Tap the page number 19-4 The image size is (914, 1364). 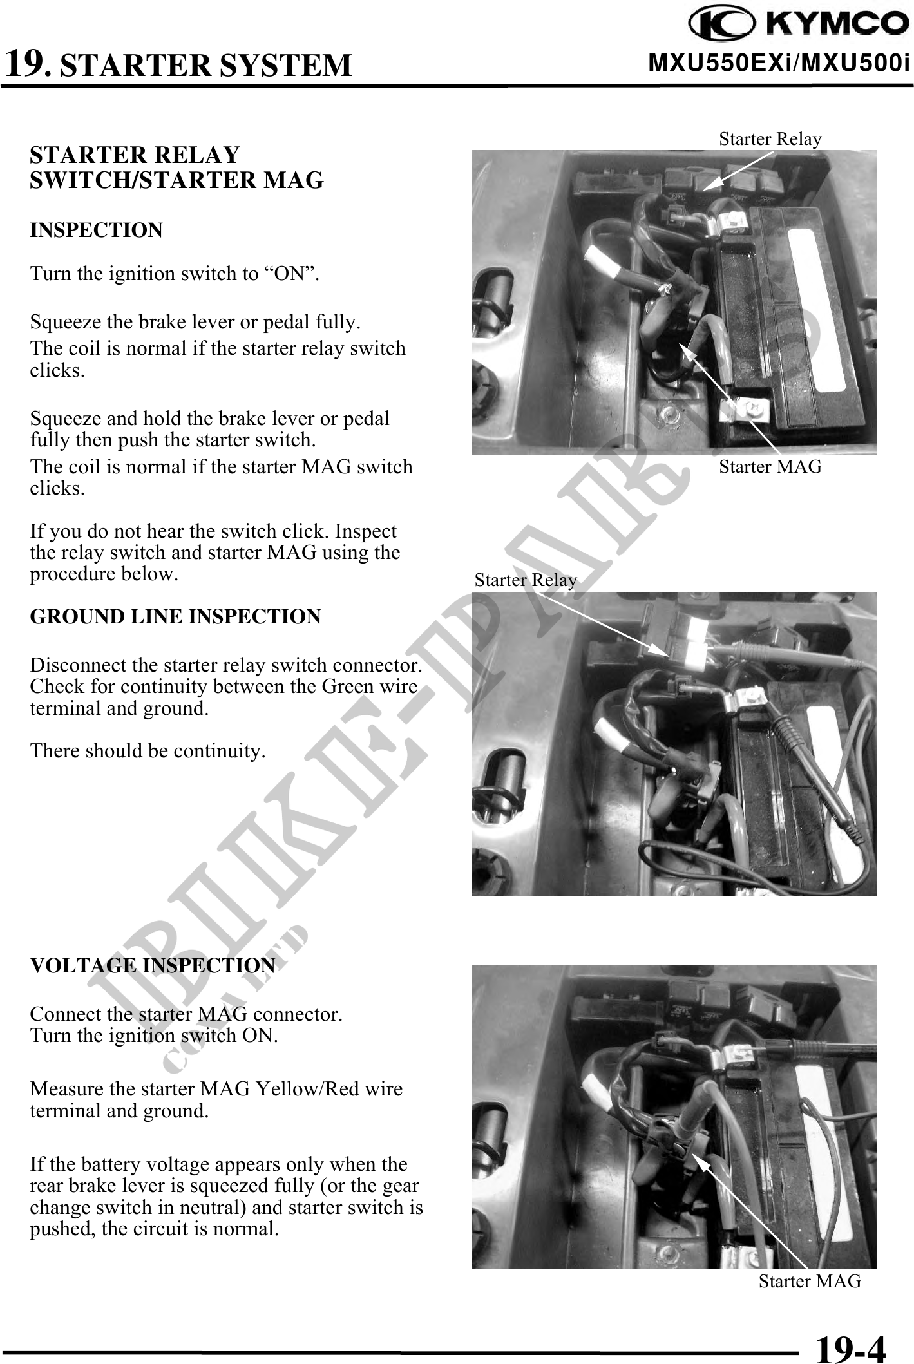click(850, 1346)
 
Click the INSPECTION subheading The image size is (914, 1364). click(97, 231)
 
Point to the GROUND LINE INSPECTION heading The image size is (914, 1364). click(175, 616)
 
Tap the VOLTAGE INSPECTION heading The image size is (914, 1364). click(153, 966)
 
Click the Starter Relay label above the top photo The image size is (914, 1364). click(770, 139)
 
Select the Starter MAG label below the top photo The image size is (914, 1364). click(770, 466)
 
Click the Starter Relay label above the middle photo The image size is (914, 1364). click(525, 580)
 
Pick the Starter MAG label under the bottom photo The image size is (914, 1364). click(809, 1281)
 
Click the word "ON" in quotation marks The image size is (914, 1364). click(289, 274)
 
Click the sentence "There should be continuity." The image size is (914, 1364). click(148, 751)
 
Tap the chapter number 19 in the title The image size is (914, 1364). click(26, 63)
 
